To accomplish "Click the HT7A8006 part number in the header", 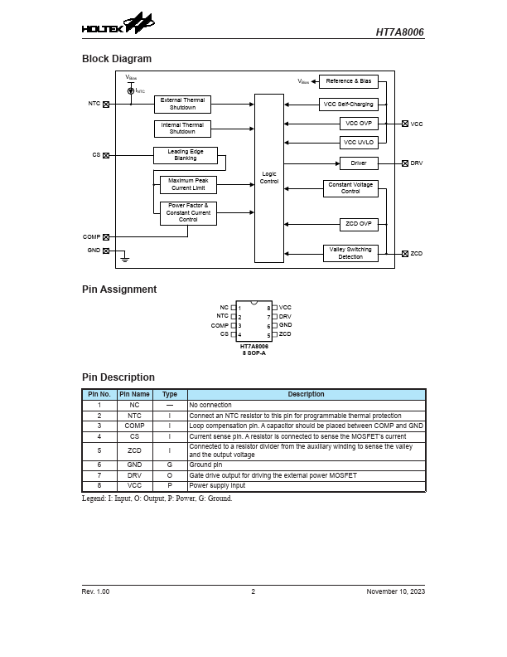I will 399,32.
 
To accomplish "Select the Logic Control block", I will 269,178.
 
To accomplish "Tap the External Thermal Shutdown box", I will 182,105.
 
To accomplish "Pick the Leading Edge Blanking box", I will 185,155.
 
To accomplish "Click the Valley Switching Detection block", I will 350,253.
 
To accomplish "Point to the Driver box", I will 358,163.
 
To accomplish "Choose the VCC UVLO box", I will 358,142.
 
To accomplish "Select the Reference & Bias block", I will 349,81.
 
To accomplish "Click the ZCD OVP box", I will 358,224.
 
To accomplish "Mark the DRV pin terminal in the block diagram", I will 405,163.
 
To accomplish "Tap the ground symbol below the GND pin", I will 125,259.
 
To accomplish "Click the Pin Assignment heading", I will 119,290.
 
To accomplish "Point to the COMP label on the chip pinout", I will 220,325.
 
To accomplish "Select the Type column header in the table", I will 169,394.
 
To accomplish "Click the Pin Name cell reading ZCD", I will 134,450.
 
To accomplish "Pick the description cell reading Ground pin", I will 206,465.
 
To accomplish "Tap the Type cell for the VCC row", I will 169,485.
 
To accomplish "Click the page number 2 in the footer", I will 254,591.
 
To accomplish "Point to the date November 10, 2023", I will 395,591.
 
